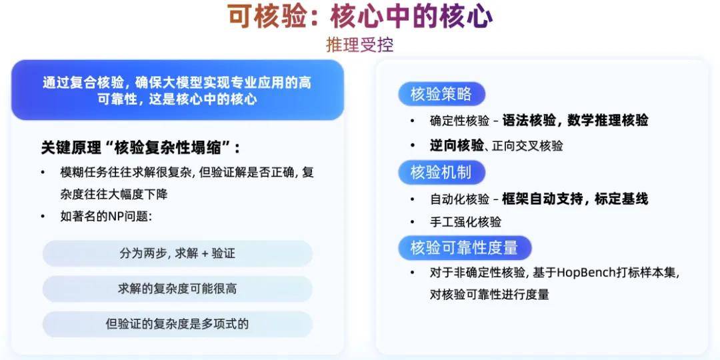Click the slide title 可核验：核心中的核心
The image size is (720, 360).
pyautogui.click(x=361, y=17)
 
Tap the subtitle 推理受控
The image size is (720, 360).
pyautogui.click(x=360, y=45)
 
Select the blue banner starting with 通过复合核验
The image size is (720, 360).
pyautogui.click(x=177, y=90)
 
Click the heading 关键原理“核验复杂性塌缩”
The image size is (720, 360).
pyautogui.click(x=141, y=148)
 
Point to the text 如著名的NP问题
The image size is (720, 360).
pyautogui.click(x=106, y=216)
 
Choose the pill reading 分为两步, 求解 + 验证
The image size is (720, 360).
pyautogui.click(x=177, y=253)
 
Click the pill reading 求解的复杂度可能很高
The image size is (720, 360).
pyautogui.click(x=177, y=289)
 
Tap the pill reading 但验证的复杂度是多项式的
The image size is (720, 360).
pyautogui.click(x=177, y=324)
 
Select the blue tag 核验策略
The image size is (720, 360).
pyautogui.click(x=441, y=94)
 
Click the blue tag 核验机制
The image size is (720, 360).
pyautogui.click(x=441, y=173)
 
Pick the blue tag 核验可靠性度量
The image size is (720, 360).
pyautogui.click(x=464, y=248)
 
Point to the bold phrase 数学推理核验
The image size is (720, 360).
pyautogui.click(x=607, y=120)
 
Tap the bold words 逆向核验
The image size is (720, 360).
pyautogui.click(x=457, y=145)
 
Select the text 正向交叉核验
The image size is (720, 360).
pyautogui.click(x=527, y=147)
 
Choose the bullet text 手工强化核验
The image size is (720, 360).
pyautogui.click(x=465, y=222)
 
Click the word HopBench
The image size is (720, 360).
pyautogui.click(x=585, y=273)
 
